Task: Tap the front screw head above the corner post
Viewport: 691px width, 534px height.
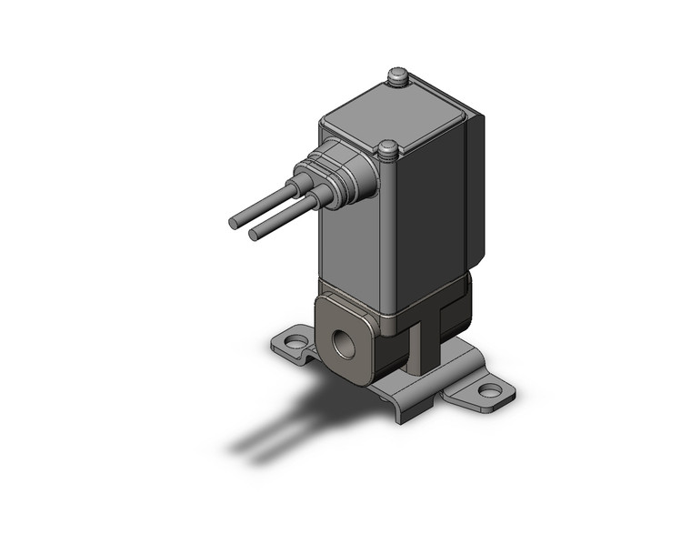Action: [388, 148]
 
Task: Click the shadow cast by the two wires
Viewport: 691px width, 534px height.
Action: [273, 428]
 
